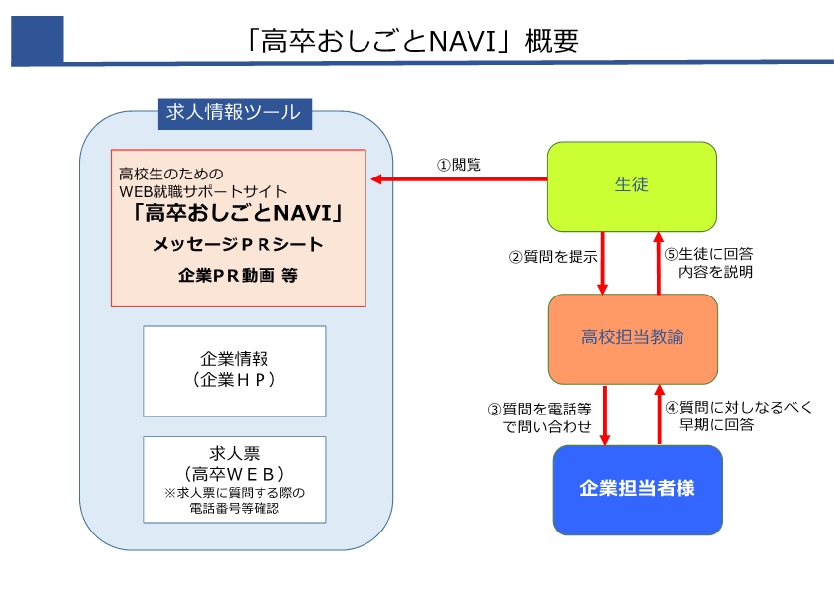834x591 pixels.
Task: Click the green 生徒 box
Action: (631, 186)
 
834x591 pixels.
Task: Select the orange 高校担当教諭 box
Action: (632, 338)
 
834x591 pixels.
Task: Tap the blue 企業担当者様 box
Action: (637, 490)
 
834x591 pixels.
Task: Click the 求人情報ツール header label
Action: (235, 113)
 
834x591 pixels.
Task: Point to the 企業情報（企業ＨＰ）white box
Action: (235, 371)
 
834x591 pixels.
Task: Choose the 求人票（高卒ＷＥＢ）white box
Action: (235, 479)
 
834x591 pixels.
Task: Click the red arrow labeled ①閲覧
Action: (459, 179)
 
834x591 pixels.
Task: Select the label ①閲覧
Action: (459, 165)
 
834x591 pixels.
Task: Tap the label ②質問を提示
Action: (553, 257)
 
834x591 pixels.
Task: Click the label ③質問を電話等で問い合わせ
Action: (540, 417)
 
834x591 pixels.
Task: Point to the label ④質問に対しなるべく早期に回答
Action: (739, 415)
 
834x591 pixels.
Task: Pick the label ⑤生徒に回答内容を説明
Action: (708, 263)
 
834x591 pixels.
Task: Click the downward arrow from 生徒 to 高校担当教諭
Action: (602, 263)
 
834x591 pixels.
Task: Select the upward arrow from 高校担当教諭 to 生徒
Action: (659, 263)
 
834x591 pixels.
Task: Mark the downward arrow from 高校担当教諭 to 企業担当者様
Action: (605, 414)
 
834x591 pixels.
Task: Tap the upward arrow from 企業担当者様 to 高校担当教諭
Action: (660, 414)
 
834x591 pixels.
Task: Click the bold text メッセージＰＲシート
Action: (238, 244)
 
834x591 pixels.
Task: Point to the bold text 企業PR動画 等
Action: (238, 275)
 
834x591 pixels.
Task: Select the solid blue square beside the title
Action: (38, 41)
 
